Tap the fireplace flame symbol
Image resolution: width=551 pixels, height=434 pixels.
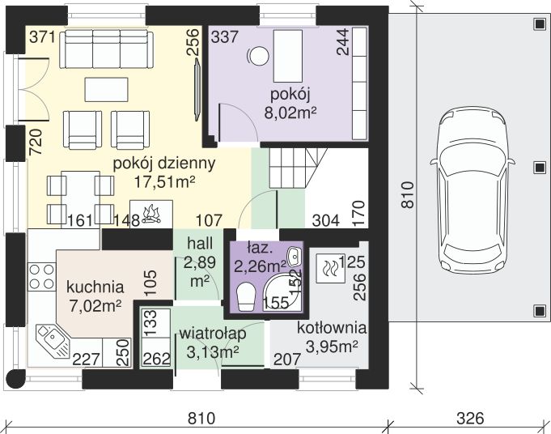151,214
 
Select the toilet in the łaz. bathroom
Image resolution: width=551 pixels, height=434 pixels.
246,297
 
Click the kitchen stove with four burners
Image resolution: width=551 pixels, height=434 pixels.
41,276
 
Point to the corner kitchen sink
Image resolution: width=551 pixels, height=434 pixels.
53,340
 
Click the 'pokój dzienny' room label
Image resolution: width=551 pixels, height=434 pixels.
164,164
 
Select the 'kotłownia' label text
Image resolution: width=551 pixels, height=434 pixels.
332,328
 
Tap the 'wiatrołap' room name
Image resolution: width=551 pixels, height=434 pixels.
213,334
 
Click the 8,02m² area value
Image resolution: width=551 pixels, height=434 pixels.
290,113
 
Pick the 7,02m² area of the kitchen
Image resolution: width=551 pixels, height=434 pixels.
95,305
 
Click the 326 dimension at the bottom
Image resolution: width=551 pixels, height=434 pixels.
470,419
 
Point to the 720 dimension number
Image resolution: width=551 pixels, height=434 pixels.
36,143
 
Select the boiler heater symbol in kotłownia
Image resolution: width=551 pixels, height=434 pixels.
330,269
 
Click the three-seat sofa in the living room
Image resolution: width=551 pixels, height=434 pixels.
107,49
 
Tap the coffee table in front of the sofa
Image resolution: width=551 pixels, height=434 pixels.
107,89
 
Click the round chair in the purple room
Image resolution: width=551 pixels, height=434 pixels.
258,56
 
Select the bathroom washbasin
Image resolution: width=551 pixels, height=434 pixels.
294,257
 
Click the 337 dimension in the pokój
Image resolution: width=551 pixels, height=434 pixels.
225,36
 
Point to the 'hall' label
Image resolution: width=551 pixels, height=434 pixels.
200,244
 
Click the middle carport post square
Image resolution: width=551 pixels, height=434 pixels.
539,168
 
